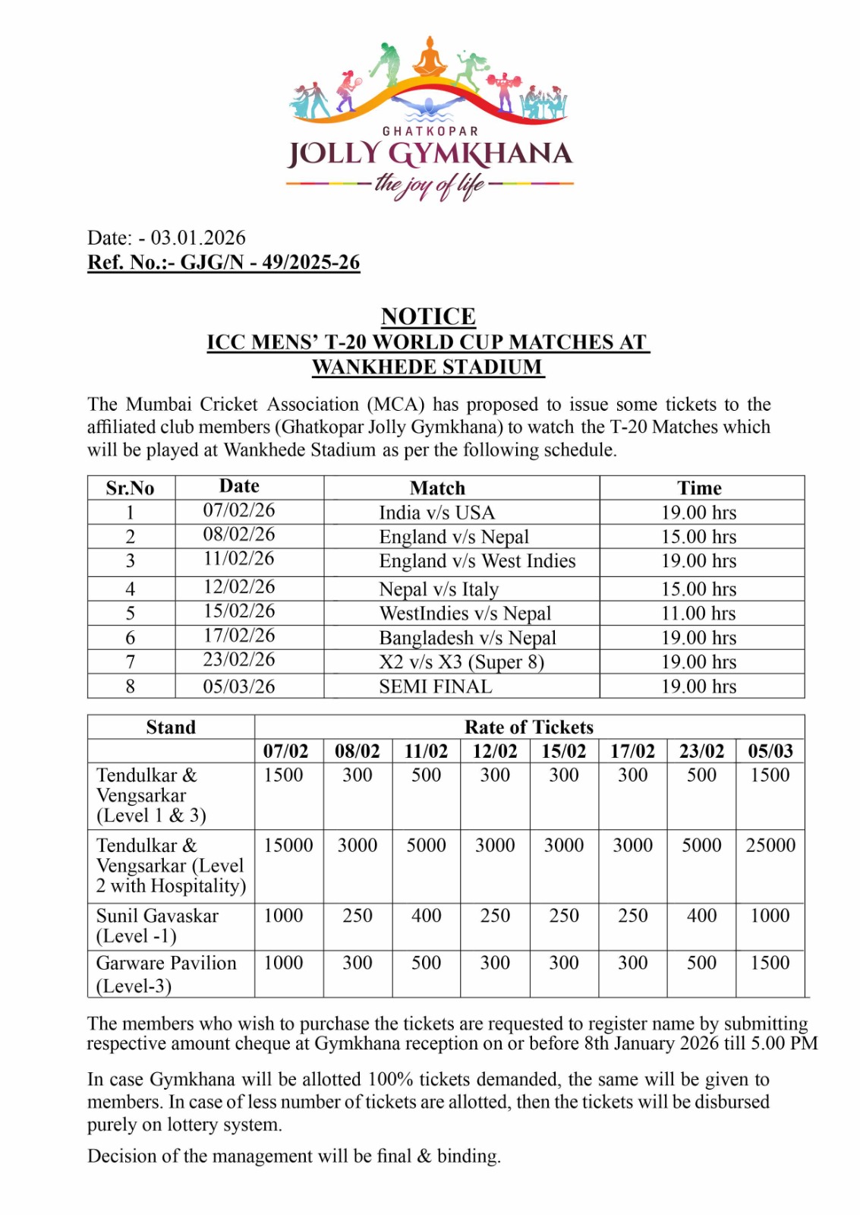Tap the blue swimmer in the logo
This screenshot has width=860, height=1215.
coord(430,106)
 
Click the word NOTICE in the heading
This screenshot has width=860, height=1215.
coord(429,316)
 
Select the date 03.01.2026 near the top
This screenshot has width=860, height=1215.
coord(198,238)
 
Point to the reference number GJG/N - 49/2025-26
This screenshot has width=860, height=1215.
coord(269,263)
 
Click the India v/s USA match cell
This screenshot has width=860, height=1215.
coord(436,513)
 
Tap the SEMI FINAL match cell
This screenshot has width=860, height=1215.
coord(436,686)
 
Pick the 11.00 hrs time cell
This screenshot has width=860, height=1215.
coord(698,614)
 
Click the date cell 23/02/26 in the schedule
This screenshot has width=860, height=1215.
coord(238,660)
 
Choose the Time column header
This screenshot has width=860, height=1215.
coord(699,488)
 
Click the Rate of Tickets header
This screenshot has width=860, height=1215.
coord(529,727)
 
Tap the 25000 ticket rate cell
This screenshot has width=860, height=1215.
coord(770,845)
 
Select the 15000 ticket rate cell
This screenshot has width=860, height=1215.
coord(288,845)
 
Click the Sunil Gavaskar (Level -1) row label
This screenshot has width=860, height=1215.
coord(157,926)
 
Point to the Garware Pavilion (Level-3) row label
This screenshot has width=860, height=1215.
coord(166,974)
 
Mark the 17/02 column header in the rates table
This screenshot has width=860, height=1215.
coord(632,751)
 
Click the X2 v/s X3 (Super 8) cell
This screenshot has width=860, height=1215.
coord(462,662)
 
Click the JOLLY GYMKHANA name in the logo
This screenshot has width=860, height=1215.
coord(430,154)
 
